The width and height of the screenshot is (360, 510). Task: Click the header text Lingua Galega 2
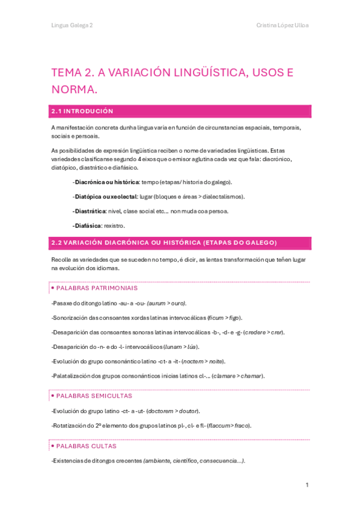pyautogui.click(x=72, y=25)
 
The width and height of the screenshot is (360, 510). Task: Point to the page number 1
pyautogui.click(x=307, y=485)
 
